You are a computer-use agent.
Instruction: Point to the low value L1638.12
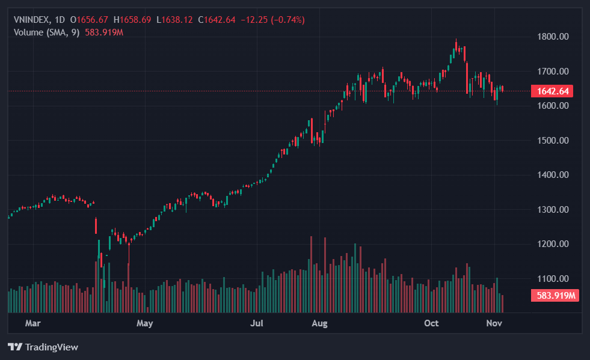coord(175,20)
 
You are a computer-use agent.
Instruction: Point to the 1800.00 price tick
coord(553,37)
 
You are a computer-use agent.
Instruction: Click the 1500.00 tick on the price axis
coord(553,141)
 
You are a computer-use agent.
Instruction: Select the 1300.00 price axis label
coord(553,210)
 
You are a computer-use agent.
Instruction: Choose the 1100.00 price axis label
coord(553,279)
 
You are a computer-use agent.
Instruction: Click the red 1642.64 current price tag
coord(552,91)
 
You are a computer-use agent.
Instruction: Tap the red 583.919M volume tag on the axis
coord(555,296)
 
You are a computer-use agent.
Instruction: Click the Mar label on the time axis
coord(33,323)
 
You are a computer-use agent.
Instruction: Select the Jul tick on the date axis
coord(257,323)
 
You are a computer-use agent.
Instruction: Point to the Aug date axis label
coord(319,323)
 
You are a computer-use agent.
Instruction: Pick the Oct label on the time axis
coord(431,323)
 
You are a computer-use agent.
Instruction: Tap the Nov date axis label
coord(494,323)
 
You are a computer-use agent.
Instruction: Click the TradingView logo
coord(43,347)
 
